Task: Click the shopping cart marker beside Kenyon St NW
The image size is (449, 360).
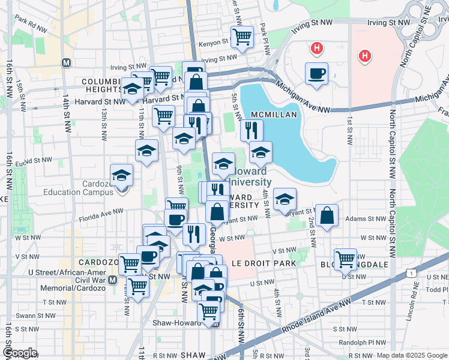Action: coord(242,36)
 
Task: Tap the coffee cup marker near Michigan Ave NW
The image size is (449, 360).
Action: coord(316,74)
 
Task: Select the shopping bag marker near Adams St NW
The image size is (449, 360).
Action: coord(327,216)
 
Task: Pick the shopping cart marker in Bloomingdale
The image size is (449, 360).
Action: coord(346,259)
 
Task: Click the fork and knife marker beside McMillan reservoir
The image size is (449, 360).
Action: coord(252,130)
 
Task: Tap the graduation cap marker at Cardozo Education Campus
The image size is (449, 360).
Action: coord(122,176)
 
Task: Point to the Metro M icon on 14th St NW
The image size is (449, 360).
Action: coord(66,62)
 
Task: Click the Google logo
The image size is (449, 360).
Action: coord(20,352)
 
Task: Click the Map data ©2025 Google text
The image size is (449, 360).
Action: coord(412,355)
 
